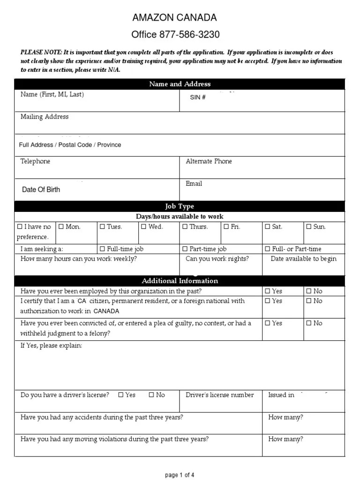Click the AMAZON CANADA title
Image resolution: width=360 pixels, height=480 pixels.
174,18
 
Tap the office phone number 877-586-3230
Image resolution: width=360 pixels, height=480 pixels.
189,34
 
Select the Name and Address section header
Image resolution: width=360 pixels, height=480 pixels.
180,84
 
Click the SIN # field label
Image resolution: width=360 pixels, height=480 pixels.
197,97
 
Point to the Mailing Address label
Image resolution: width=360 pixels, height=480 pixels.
45,117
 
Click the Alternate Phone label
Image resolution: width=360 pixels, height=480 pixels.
209,161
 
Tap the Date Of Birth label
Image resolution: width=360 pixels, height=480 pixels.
41,190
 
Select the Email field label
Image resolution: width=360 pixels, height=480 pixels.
194,184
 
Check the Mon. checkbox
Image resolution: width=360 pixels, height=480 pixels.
61,227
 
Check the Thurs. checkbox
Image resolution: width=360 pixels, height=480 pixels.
185,227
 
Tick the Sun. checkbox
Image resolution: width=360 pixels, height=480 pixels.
308,227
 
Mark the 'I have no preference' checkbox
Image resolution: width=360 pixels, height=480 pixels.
20,227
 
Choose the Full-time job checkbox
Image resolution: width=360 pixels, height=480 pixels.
102,249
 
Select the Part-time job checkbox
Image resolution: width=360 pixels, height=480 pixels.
185,249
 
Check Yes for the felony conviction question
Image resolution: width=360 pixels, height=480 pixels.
268,323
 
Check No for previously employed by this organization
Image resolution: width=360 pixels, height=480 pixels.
308,291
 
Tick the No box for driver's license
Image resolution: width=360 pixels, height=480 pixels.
151,395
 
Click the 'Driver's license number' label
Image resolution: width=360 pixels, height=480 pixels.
219,395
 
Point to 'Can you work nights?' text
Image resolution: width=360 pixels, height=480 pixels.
217,259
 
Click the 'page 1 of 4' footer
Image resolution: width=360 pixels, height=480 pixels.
180,475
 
